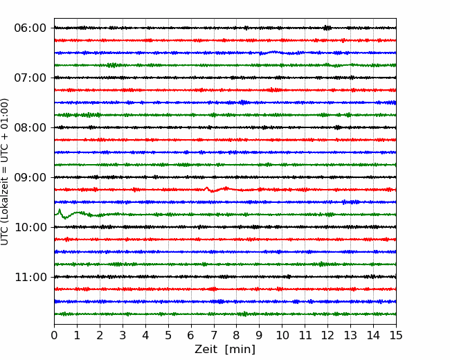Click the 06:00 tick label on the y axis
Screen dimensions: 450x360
click(x=30, y=28)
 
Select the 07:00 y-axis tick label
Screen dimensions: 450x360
click(x=30, y=78)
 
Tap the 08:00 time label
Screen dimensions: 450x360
click(x=30, y=127)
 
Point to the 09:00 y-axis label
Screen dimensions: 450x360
click(x=30, y=177)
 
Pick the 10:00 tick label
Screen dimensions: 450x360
click(x=30, y=227)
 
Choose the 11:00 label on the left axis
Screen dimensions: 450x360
click(x=30, y=277)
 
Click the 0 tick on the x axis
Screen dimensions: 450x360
click(x=54, y=335)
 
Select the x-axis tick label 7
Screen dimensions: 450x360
click(x=214, y=335)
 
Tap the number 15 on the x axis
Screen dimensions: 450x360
click(x=396, y=335)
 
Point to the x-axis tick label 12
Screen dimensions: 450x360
click(x=327, y=335)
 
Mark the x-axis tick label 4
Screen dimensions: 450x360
click(x=145, y=335)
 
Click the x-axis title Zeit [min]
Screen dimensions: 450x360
click(x=225, y=349)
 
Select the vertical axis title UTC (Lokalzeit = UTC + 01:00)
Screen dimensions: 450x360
click(x=4, y=172)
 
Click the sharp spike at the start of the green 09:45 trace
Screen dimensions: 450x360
click(x=60, y=210)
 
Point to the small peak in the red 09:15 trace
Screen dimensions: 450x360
click(x=206, y=188)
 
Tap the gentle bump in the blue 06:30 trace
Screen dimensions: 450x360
click(x=275, y=52)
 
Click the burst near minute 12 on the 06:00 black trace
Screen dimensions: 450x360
click(x=327, y=28)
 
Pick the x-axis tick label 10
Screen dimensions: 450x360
click(x=282, y=335)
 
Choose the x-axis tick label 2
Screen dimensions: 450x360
click(x=100, y=335)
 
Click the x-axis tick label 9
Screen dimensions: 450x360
click(x=260, y=335)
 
